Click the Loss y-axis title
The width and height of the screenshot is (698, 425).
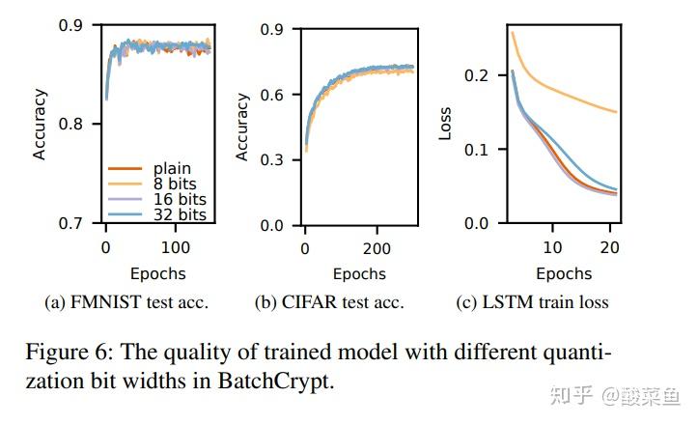click(445, 124)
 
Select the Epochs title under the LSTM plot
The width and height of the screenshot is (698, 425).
click(564, 272)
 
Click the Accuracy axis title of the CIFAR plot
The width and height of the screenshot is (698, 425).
click(242, 126)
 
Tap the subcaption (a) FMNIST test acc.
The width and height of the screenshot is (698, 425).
click(126, 303)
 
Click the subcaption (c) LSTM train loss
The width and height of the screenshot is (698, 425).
click(532, 303)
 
